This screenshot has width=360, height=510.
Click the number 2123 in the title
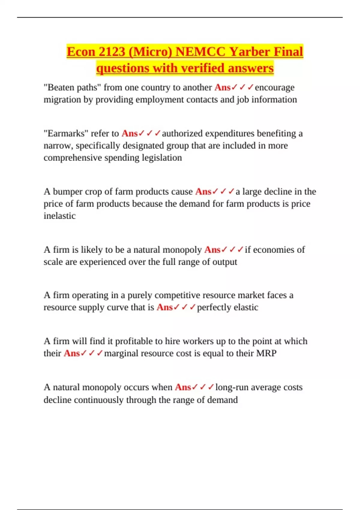111,52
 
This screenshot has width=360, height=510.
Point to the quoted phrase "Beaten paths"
72,87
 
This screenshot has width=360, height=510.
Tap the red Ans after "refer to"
129,133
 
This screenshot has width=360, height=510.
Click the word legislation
162,157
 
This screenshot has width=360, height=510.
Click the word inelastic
59,216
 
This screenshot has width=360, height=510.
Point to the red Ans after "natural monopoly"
212,250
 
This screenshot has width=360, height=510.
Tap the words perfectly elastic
227,307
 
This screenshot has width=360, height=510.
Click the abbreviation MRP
266,353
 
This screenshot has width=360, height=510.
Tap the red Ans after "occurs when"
183,387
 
